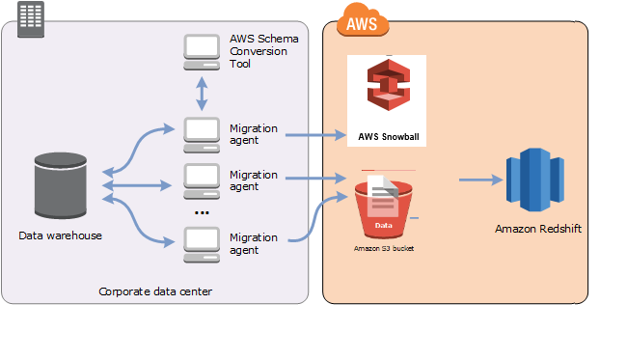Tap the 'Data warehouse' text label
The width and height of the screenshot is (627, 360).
pos(60,235)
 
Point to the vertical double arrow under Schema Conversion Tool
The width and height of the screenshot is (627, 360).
pos(202,95)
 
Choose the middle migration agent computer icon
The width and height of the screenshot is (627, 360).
pos(202,180)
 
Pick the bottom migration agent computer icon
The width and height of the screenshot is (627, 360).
pos(202,242)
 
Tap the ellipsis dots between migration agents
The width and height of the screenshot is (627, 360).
pos(202,211)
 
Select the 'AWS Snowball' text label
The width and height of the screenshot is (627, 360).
pos(387,136)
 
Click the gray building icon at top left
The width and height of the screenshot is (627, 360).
pos(32,15)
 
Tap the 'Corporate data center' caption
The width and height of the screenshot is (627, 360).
pos(154,291)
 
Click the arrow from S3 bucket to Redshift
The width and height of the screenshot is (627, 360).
pos(479,180)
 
